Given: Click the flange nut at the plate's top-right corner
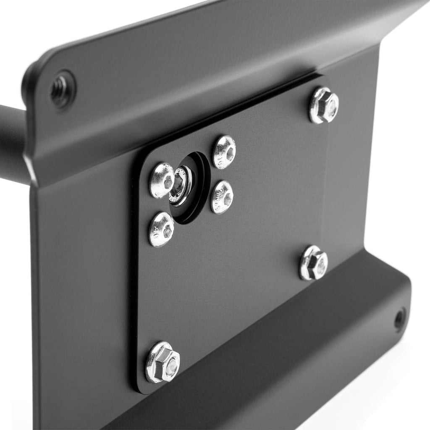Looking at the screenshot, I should click(324, 105).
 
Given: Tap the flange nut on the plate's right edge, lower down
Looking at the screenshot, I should click(313, 263).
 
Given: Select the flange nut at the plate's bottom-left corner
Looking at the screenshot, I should click(163, 362).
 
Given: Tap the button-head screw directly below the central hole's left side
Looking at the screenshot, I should click(161, 229).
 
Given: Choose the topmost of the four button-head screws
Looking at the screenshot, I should click(224, 152).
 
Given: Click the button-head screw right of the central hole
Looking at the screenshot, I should click(222, 197).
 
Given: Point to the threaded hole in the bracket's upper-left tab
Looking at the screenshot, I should click(60, 89).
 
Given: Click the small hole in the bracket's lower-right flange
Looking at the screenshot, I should click(399, 320).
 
